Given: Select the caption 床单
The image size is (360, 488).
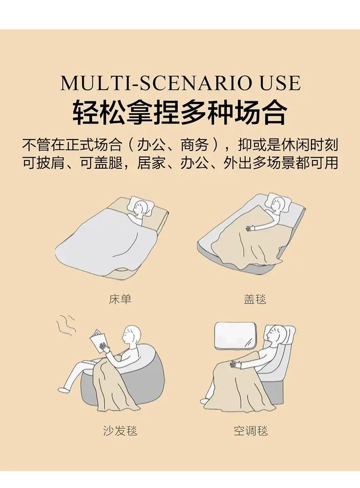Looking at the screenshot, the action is coord(120,299).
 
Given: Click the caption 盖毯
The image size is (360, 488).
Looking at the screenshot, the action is coord(255,299).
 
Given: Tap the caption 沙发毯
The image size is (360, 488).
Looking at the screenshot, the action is coord(120,431).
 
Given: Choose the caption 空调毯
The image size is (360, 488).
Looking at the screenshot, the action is coord(251,431).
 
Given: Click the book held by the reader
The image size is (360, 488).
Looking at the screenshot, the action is coord(99,341).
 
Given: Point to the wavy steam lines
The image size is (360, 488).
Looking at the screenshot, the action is coord(66,325).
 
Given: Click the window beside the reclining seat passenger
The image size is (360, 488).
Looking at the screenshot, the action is coord(235,335).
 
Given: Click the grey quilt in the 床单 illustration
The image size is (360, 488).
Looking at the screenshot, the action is coord(104,241).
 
